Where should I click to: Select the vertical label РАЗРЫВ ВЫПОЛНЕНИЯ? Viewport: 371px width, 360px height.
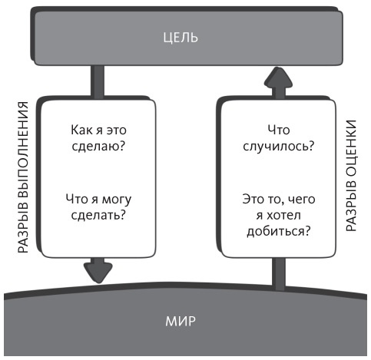click(22, 180)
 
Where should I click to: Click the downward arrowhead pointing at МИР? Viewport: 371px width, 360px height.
click(98, 270)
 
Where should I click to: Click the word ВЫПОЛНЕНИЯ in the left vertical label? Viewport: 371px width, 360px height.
click(22, 150)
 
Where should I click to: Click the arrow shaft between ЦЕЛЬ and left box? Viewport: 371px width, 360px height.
click(98, 81)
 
